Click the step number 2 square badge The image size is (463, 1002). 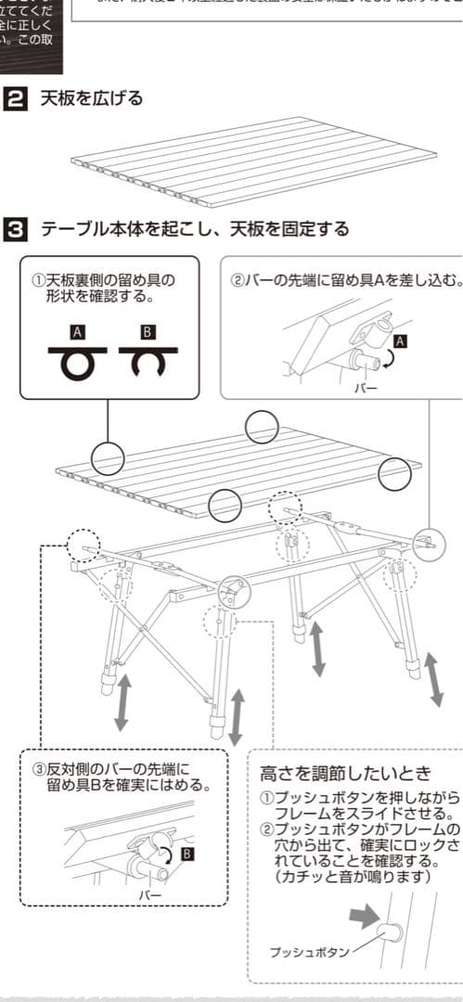16,98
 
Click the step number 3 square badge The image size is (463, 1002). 16,228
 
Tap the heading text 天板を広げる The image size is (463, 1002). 91,98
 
